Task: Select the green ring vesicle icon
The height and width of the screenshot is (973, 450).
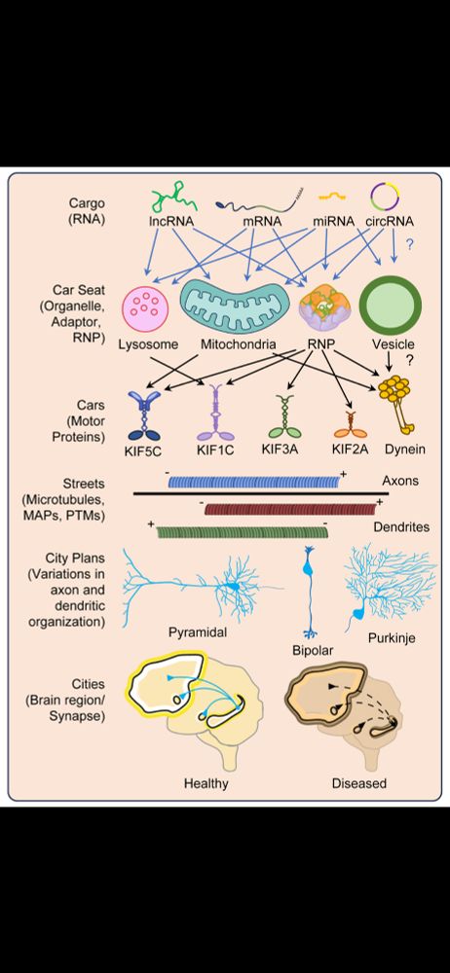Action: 388,306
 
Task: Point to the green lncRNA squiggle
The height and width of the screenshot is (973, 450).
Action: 170,202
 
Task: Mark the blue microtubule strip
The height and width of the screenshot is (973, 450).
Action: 256,481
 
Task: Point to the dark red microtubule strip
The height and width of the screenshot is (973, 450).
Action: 290,508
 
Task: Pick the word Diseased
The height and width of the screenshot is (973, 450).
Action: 359,782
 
